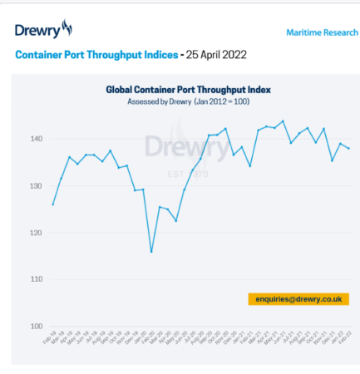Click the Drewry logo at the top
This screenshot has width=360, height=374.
[43, 32]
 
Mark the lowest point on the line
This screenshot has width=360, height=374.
[151, 252]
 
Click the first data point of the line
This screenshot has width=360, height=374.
[53, 204]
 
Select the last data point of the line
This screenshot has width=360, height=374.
[348, 149]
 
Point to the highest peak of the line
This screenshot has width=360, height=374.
[283, 121]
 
